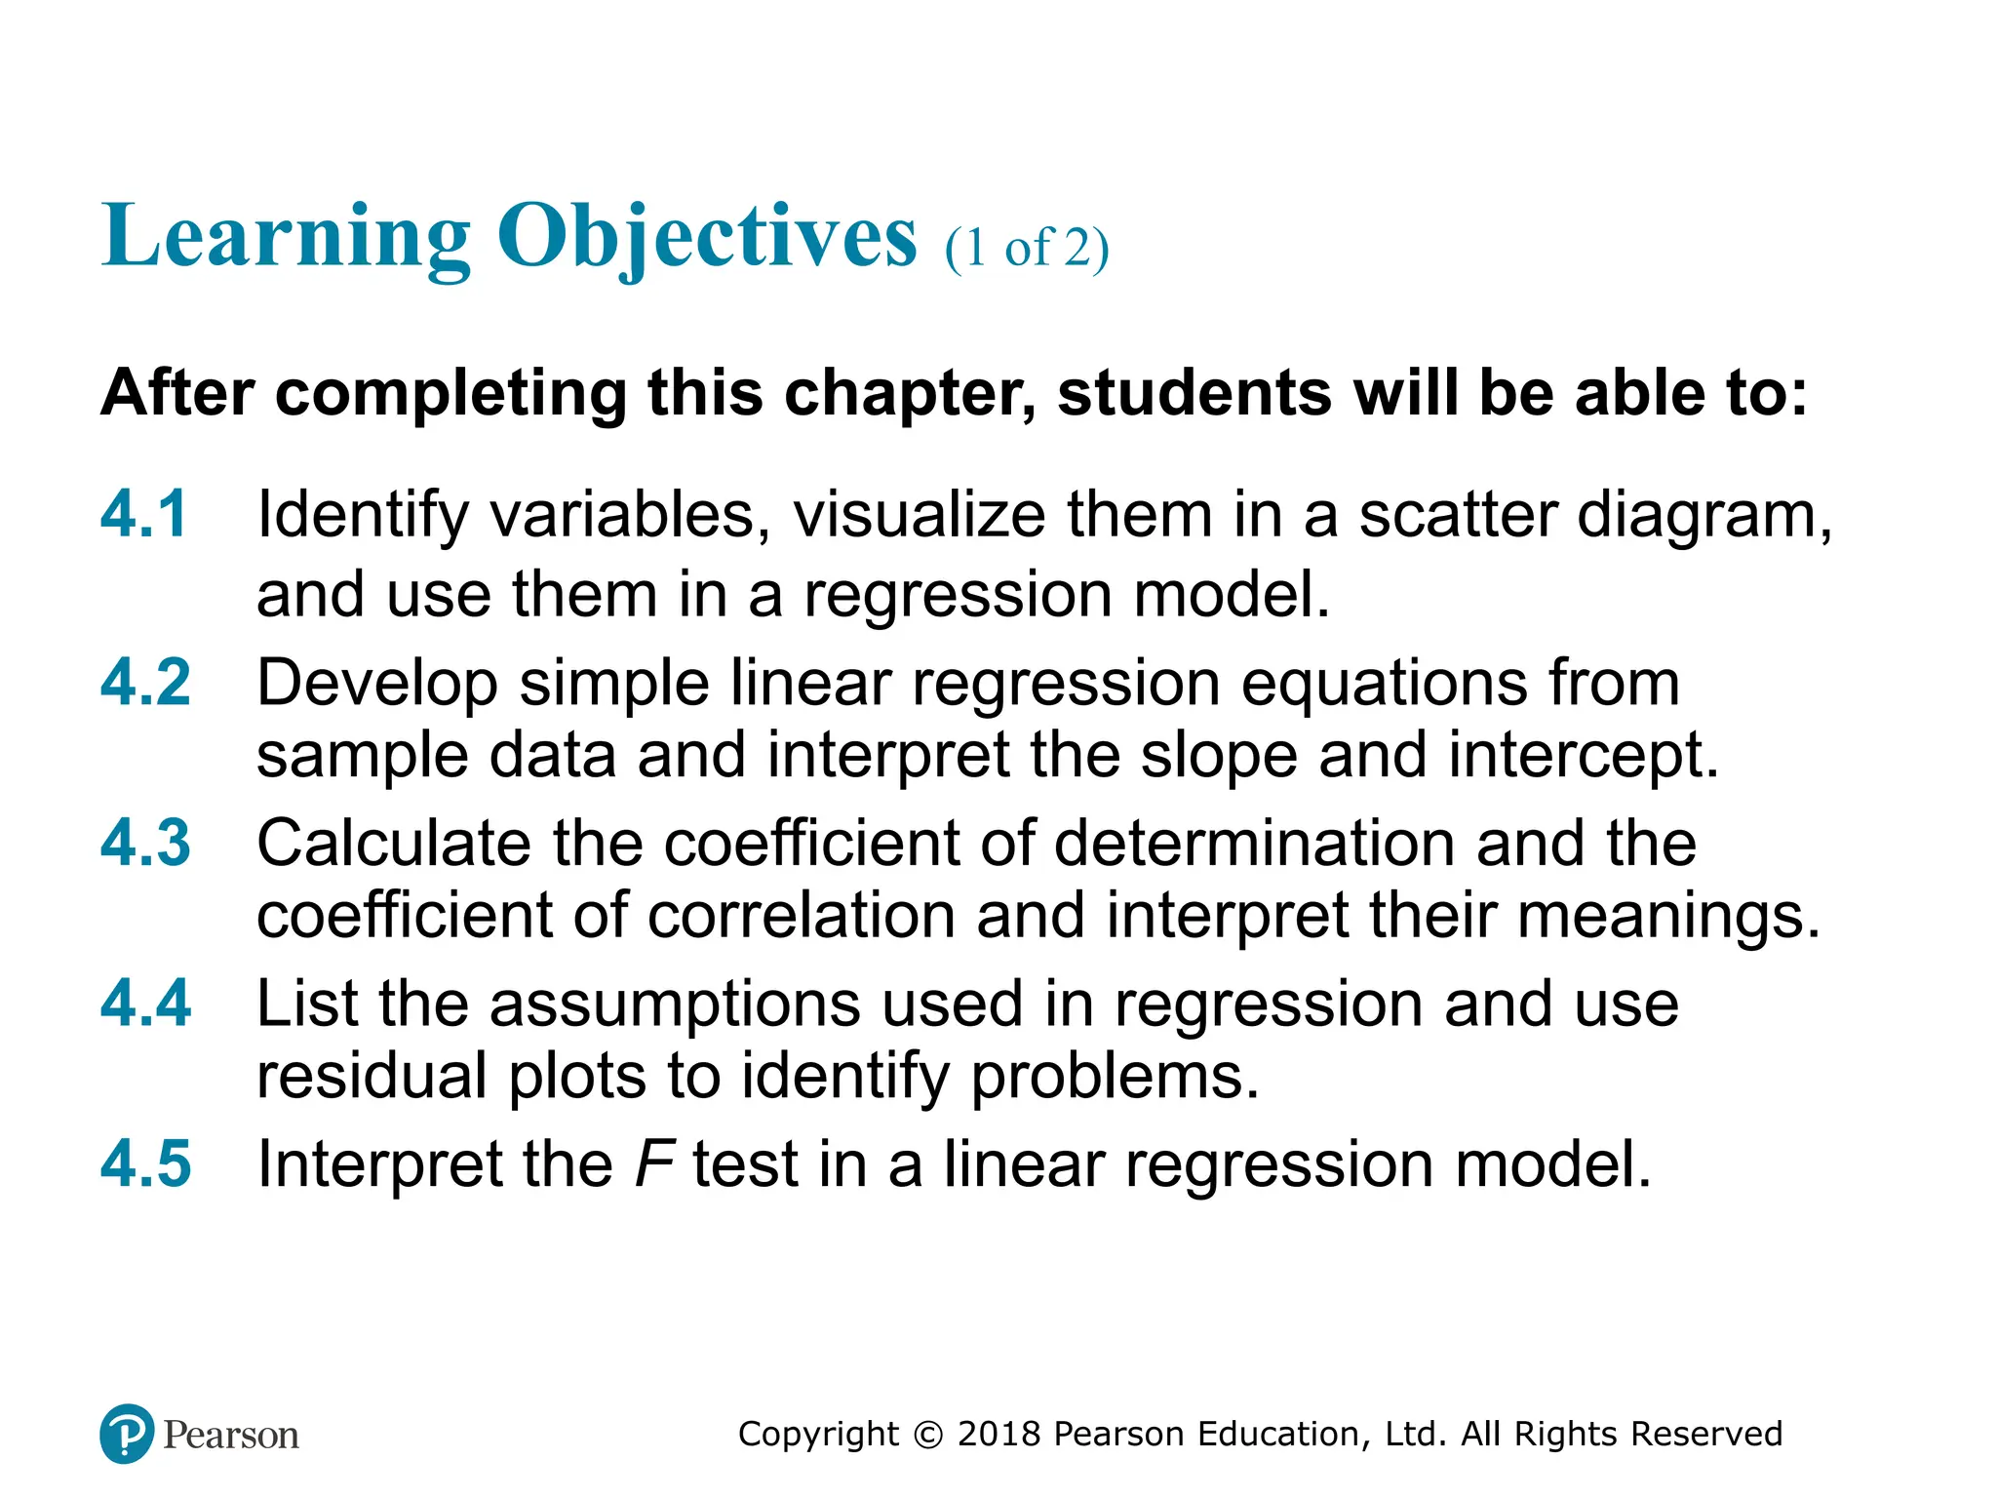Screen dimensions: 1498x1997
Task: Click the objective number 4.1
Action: pos(143,514)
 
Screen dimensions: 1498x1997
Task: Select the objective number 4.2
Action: pos(145,683)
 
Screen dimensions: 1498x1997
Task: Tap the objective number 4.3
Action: pos(145,843)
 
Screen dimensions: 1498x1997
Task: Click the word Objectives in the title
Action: pos(707,237)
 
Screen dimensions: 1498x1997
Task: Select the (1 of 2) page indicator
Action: pos(1026,248)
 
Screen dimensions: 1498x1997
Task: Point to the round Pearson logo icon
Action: pos(127,1434)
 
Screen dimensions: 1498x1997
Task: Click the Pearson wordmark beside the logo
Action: pos(231,1436)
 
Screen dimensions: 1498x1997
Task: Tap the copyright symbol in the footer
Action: pos(929,1435)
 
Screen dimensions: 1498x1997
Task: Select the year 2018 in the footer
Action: pos(999,1435)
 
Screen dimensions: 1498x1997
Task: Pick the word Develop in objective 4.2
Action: pos(377,683)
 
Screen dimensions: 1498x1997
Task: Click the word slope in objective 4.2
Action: pos(1219,756)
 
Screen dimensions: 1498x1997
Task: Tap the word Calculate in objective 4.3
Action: pos(394,843)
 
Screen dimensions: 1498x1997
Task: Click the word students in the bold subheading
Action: pos(1194,393)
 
